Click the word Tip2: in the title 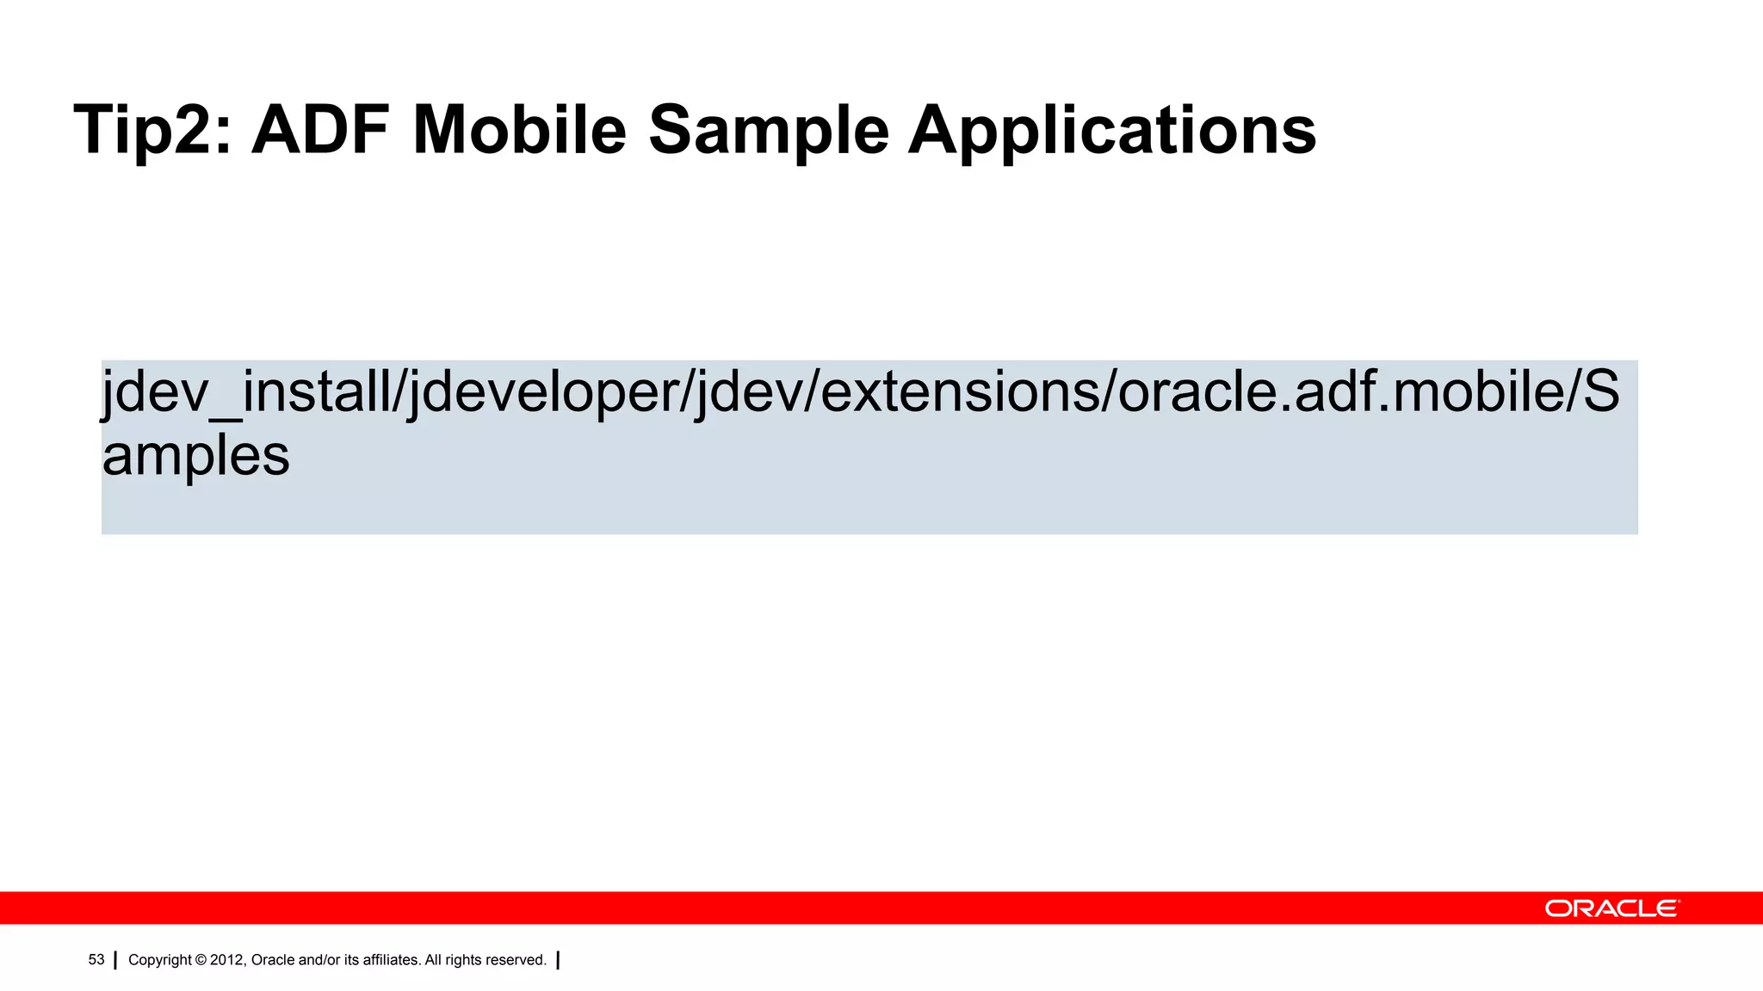point(152,131)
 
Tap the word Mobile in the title point(519,131)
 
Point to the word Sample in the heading point(768,131)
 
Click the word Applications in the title point(1112,131)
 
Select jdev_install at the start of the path point(246,392)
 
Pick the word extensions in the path point(960,392)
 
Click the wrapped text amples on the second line point(195,456)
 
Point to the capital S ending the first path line point(1601,392)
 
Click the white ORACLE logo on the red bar point(1611,908)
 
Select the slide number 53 point(96,960)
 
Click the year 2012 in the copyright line point(227,960)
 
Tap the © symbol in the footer point(201,960)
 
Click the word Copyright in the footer point(160,960)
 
